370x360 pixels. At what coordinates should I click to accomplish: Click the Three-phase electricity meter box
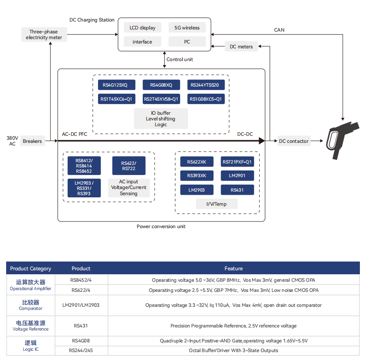44,35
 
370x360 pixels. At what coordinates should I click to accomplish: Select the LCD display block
142,28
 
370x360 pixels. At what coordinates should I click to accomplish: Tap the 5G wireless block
187,28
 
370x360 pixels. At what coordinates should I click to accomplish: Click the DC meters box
241,47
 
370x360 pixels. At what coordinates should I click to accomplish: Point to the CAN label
279,30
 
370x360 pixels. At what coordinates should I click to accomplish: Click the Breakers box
33,141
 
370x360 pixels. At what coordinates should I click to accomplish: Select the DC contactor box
294,141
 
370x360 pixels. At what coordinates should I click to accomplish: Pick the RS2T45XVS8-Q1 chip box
161,99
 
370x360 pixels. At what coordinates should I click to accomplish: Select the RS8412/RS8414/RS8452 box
84,166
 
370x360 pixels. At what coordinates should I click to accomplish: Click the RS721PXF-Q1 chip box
237,162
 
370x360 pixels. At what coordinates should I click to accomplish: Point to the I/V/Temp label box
217,204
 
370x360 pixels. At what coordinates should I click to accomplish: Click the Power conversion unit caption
161,227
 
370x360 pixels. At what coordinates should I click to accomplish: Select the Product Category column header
31,269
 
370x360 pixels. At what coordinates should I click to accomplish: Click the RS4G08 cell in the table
81,341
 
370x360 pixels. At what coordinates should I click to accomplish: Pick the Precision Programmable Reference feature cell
233,326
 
